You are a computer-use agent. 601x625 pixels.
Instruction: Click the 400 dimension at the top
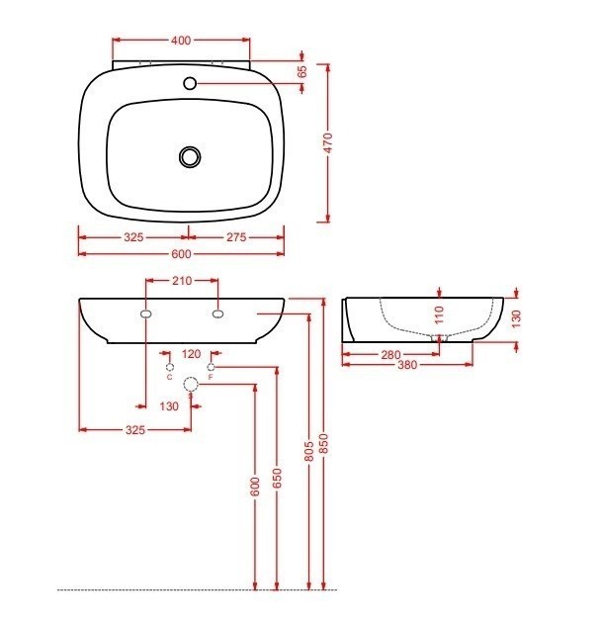click(181, 41)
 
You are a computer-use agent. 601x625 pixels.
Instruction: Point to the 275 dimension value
click(234, 237)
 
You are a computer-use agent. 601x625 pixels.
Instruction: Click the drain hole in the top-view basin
click(190, 155)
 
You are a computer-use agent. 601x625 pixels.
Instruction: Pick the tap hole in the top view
click(190, 82)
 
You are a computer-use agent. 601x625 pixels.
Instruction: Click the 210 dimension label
click(182, 281)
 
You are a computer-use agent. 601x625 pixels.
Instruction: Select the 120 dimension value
click(191, 353)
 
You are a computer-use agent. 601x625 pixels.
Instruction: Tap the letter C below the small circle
click(170, 379)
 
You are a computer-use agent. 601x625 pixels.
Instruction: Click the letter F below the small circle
click(211, 379)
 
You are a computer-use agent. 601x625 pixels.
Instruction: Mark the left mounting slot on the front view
click(146, 313)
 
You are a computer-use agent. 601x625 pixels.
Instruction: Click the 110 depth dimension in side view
click(439, 314)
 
